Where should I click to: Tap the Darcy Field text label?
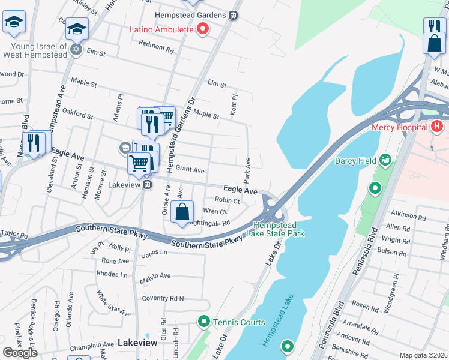[x=355, y=161]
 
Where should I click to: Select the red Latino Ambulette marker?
[x=203, y=28]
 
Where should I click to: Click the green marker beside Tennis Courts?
[x=203, y=322]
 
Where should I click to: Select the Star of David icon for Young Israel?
[x=76, y=49]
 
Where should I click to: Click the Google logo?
[x=20, y=352]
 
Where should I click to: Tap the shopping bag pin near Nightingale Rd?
[x=182, y=212]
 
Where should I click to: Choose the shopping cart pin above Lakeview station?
[x=139, y=163]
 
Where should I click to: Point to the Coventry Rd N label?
[x=163, y=298]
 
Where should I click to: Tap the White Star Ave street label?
[x=113, y=304]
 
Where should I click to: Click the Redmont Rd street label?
[x=155, y=44]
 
